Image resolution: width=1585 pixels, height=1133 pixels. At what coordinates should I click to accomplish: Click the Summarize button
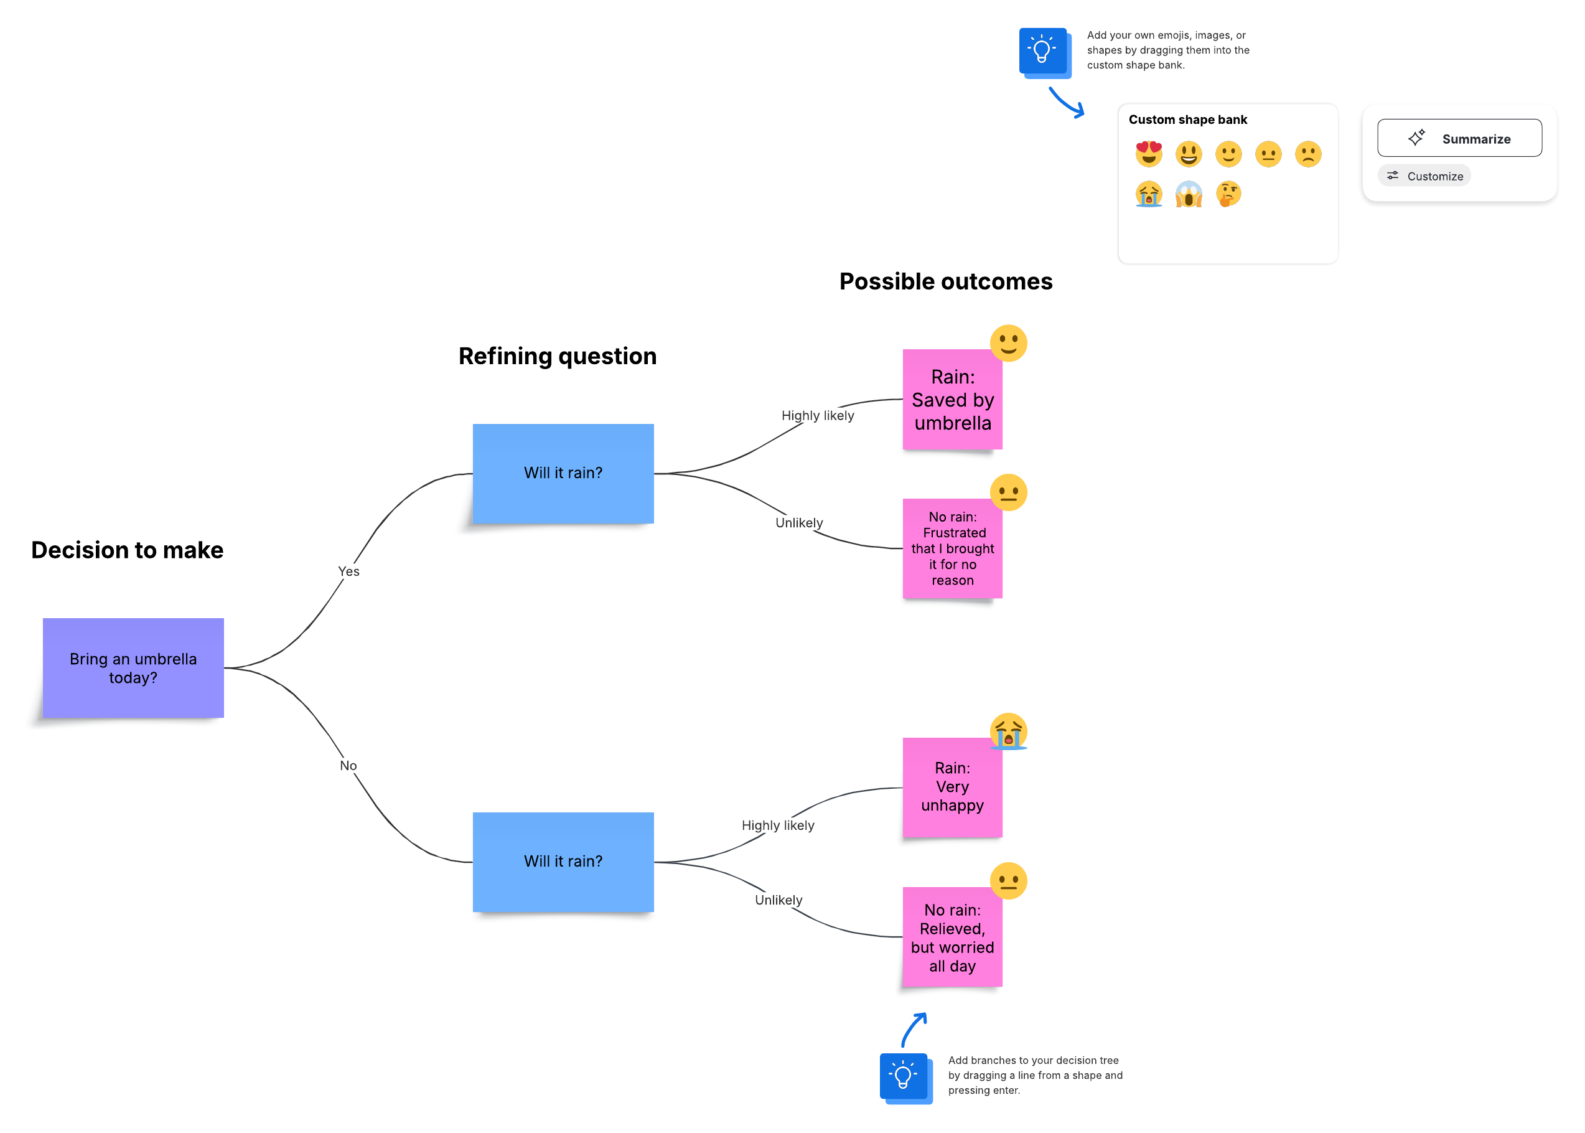(1459, 138)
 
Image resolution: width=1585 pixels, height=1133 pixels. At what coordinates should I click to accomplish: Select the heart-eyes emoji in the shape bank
(1149, 154)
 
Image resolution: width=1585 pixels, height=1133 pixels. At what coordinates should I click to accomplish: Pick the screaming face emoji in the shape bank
(1188, 194)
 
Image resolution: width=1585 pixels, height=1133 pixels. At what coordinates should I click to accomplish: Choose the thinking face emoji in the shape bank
(1228, 194)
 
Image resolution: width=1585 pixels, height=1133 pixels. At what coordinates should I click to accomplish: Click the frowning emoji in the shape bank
(1307, 154)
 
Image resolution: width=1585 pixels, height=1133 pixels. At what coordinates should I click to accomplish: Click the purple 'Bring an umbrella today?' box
(133, 667)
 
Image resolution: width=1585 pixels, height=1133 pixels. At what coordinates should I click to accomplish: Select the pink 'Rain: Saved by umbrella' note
(952, 400)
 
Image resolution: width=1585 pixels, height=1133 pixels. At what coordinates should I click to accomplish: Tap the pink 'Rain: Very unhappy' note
(952, 787)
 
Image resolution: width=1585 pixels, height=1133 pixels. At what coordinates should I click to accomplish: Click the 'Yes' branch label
(348, 571)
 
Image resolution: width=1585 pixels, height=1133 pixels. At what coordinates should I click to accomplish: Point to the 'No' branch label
(348, 765)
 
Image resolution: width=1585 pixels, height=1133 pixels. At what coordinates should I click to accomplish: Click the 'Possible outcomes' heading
(945, 281)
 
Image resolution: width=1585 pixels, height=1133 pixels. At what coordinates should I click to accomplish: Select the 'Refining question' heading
(557, 356)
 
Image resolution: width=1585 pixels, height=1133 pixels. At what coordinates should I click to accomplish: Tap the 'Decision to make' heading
(127, 550)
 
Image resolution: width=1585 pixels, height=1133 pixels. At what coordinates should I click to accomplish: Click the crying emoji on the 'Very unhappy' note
(1008, 730)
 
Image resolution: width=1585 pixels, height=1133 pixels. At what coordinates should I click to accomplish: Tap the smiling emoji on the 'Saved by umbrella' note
(1008, 342)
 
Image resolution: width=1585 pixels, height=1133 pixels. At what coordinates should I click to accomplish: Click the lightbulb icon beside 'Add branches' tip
(904, 1076)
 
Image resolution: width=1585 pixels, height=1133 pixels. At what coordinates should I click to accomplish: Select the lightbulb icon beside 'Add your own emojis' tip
(1042, 50)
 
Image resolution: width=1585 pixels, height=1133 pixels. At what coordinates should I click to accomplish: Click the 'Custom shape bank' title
(1187, 120)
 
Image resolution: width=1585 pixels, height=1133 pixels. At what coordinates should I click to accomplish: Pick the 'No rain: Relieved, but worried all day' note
(952, 937)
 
